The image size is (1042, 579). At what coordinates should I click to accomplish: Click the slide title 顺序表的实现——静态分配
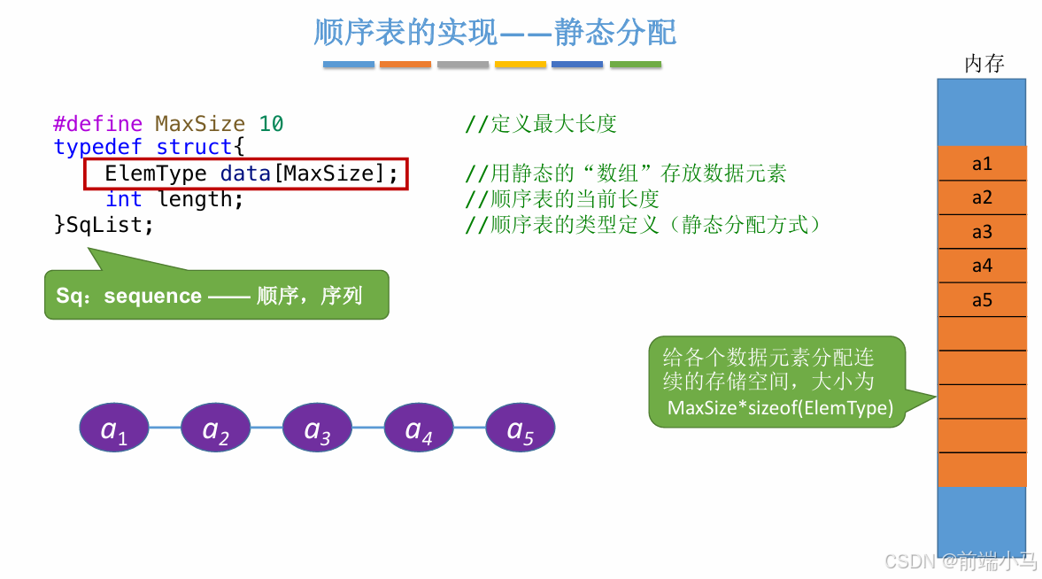tap(495, 33)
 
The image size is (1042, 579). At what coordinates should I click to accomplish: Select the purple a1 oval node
tap(115, 428)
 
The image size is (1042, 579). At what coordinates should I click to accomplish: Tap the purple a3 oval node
tap(318, 428)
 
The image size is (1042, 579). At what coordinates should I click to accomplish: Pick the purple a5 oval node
tap(520, 428)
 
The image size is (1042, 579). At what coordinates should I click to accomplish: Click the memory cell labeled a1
tap(982, 164)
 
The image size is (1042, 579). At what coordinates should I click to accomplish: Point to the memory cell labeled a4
tap(982, 266)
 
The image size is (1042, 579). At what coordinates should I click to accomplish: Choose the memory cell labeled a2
tap(982, 197)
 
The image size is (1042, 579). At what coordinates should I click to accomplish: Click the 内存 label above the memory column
tap(984, 64)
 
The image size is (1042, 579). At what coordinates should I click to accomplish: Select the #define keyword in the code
tap(97, 124)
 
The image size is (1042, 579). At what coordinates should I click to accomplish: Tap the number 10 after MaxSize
tap(272, 124)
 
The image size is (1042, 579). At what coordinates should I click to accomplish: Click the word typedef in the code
tap(98, 147)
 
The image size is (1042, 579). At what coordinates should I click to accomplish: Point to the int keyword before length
tap(123, 200)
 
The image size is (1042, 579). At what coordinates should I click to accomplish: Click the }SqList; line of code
tap(104, 225)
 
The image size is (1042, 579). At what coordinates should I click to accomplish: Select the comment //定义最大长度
tap(541, 124)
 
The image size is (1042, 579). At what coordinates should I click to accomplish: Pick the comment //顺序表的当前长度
tap(562, 200)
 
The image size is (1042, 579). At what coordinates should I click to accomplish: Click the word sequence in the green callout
tap(152, 296)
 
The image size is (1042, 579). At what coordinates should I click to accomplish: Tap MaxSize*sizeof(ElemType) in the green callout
tap(780, 408)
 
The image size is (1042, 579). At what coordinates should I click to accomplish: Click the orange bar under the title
tap(405, 65)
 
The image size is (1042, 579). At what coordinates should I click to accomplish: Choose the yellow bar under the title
tap(521, 65)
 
